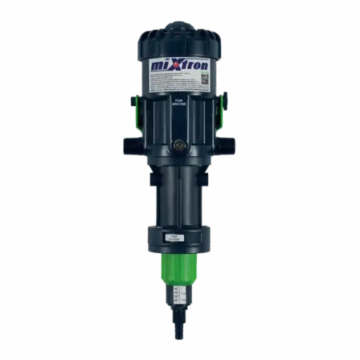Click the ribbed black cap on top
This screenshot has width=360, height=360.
pyautogui.click(x=180, y=39)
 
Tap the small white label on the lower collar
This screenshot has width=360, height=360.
pyautogui.click(x=180, y=238)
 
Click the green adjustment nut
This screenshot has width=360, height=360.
pyautogui.click(x=180, y=264)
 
